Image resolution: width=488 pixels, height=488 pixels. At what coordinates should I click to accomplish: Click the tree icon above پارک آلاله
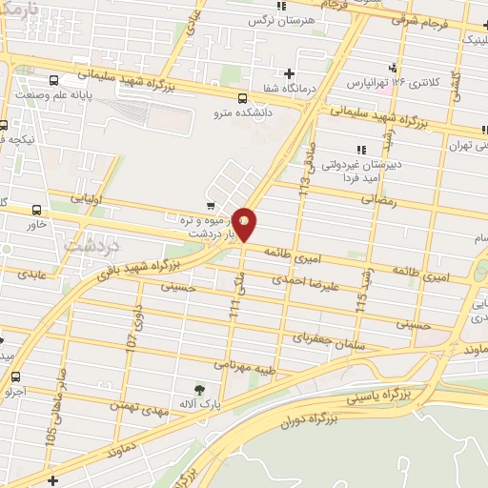click(x=199, y=389)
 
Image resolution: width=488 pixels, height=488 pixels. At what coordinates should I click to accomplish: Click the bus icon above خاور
click(x=37, y=210)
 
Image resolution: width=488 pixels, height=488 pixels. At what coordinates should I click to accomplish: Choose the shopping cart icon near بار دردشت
click(x=210, y=205)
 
